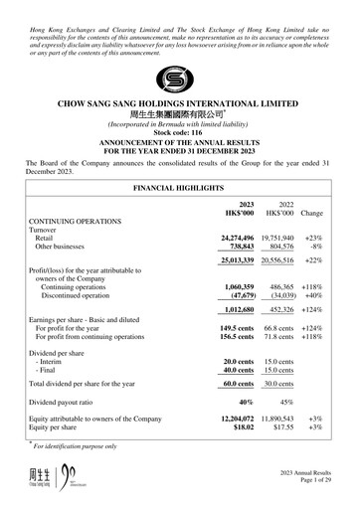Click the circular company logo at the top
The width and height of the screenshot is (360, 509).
[x=180, y=79]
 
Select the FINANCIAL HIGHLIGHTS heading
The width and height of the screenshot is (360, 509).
[x=179, y=187]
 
